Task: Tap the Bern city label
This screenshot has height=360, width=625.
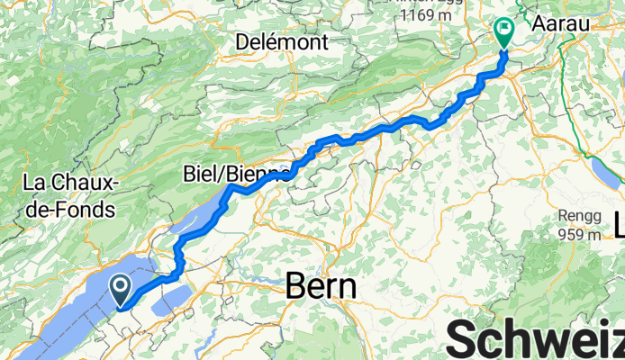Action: tap(321, 286)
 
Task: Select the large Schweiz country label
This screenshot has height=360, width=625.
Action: tap(536, 341)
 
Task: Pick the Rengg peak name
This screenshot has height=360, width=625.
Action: tap(577, 217)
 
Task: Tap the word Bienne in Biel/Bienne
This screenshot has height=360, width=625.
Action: tap(260, 173)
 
